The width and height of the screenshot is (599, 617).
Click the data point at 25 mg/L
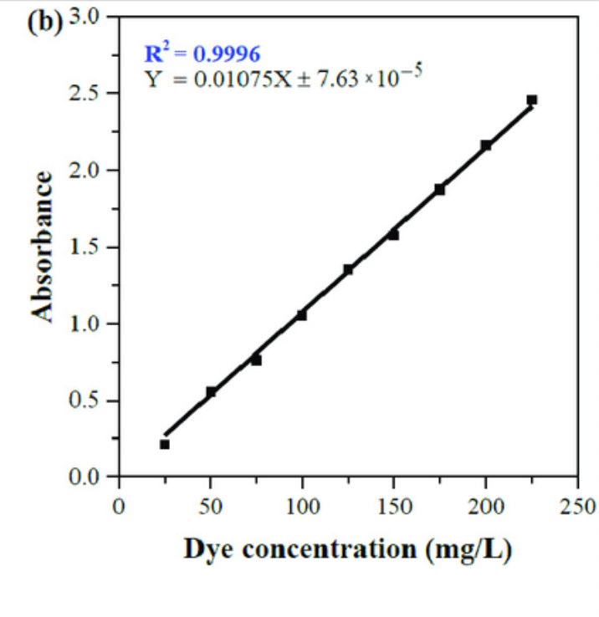pos(165,444)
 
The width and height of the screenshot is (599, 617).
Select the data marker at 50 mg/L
pos(211,391)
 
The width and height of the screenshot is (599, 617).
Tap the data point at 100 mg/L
pos(302,315)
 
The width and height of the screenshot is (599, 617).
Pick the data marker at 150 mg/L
pos(393,235)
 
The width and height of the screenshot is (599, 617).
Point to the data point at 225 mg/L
pos(531,99)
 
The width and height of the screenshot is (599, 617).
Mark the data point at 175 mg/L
pos(439,190)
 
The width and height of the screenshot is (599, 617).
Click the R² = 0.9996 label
pos(202,54)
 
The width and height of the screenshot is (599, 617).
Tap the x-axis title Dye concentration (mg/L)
pos(347,549)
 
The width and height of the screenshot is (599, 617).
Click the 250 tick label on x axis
pos(577,505)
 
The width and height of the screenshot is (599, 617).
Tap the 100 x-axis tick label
pos(302,505)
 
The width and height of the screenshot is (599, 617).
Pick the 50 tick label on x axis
pos(211,505)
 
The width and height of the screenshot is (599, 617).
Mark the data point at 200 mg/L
pos(485,145)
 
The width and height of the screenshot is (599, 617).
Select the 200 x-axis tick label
pos(485,505)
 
